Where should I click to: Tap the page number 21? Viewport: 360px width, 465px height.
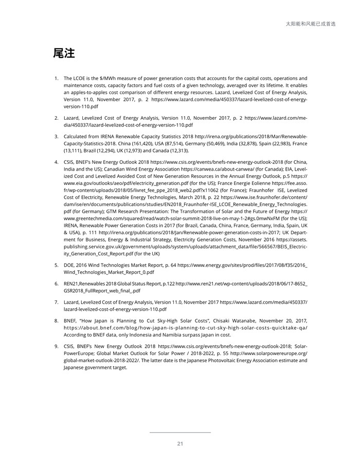click(180, 444)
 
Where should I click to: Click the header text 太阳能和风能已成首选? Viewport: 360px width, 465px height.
click(311, 24)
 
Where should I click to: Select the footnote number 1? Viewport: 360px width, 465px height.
click(56, 78)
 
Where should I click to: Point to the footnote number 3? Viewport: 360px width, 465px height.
click(56, 136)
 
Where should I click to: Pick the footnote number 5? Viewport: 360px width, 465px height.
click(56, 265)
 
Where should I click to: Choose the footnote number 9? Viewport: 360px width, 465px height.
click(56, 346)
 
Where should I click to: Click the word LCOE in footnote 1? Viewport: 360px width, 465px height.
click(79, 78)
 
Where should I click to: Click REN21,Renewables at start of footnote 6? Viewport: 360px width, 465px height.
click(85, 284)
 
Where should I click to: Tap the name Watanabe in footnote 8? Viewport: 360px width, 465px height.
click(232, 320)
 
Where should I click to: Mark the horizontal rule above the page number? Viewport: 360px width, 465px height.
click(180, 433)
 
